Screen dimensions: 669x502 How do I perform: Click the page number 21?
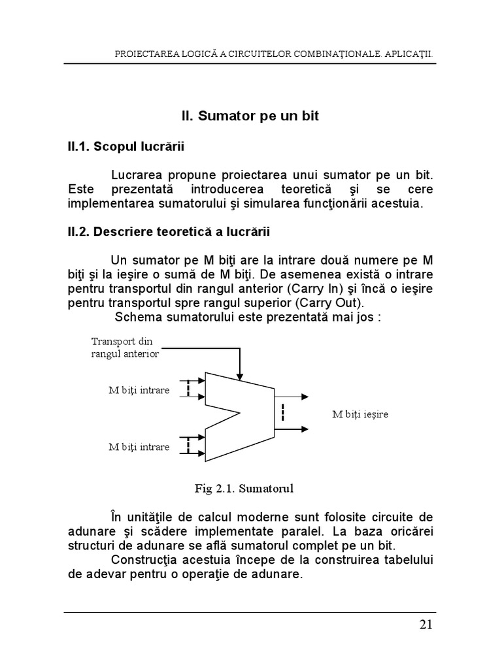426,625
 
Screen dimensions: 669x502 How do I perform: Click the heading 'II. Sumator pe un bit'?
250,116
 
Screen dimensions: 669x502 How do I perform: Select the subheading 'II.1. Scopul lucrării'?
126,147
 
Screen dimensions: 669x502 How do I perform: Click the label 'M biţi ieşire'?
360,414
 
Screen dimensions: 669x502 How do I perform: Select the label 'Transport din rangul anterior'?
125,348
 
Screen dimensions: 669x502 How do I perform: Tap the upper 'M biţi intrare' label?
139,390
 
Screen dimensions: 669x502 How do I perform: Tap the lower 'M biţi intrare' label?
139,448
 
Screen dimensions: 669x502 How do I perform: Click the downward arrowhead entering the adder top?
241,376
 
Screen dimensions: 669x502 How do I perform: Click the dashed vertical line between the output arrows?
282,413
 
